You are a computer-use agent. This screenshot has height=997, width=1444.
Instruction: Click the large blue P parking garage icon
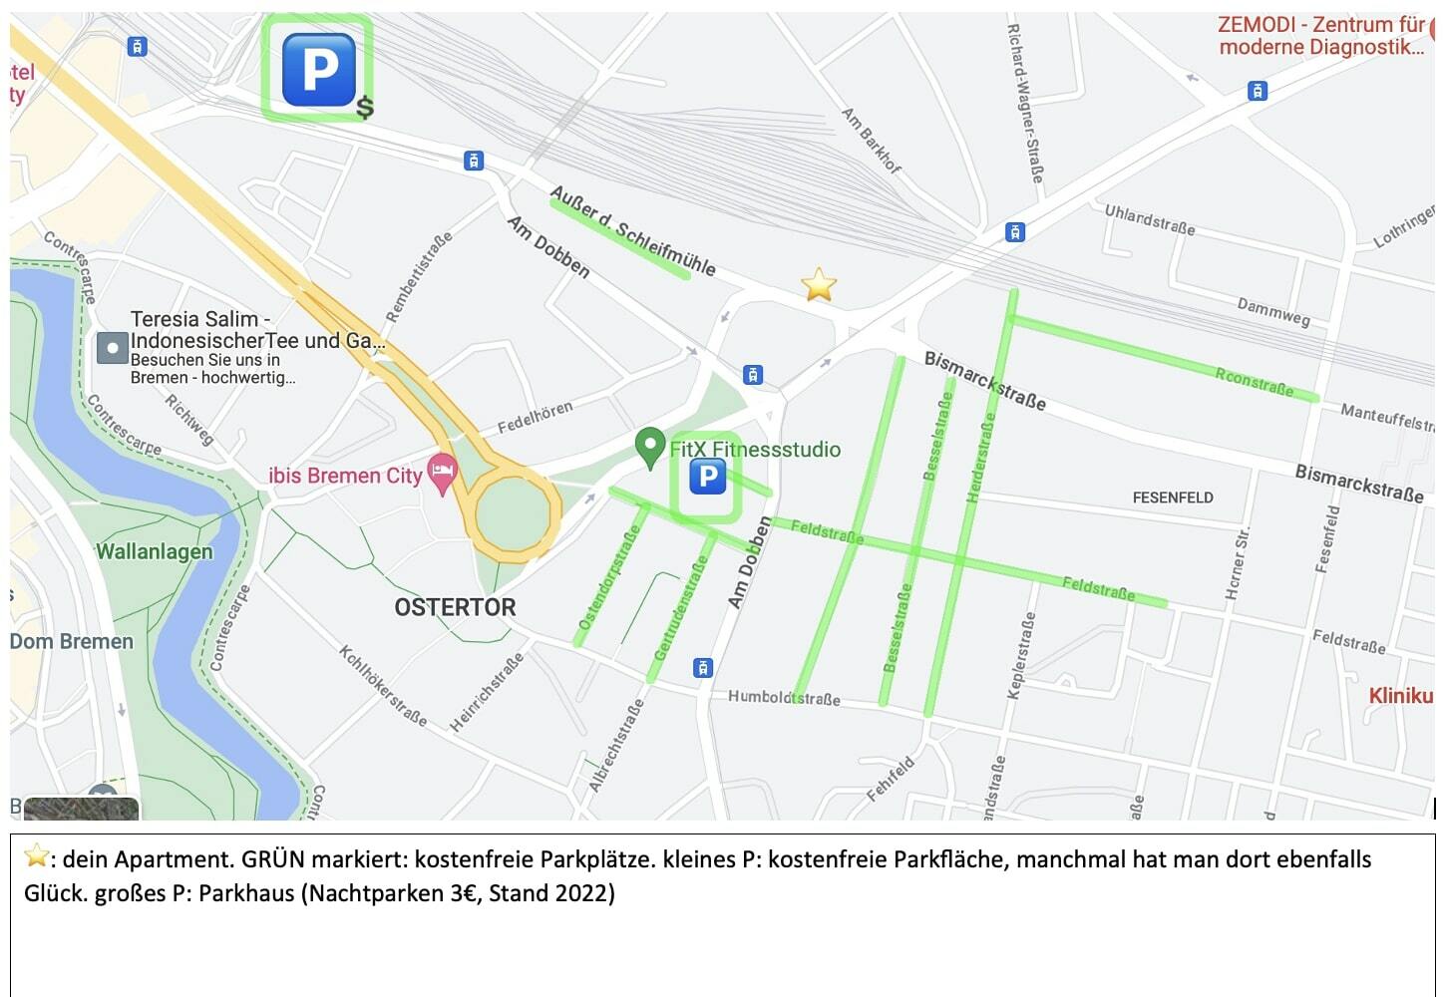tap(318, 69)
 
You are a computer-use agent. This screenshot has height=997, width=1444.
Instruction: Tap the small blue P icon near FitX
tap(707, 477)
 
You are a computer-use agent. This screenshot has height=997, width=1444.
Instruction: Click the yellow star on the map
tap(819, 284)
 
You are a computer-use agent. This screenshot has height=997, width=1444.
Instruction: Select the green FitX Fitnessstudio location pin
tap(650, 447)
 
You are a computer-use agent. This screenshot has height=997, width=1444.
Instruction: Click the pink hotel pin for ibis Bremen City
tap(442, 472)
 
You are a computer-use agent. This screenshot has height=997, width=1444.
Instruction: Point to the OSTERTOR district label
tap(455, 607)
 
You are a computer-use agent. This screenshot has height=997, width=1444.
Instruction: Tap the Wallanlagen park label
tap(155, 551)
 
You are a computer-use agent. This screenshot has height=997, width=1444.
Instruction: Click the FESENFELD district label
tap(1173, 497)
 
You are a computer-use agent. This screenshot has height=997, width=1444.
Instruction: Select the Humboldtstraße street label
tap(784, 697)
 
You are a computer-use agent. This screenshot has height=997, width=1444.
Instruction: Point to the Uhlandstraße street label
tap(1149, 218)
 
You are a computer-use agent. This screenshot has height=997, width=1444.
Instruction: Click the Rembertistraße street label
tap(419, 276)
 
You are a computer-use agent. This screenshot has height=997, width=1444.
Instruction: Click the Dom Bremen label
tap(72, 641)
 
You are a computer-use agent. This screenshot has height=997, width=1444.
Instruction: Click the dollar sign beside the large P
tap(365, 107)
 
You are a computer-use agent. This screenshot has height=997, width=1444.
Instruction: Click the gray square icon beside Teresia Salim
tap(112, 348)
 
